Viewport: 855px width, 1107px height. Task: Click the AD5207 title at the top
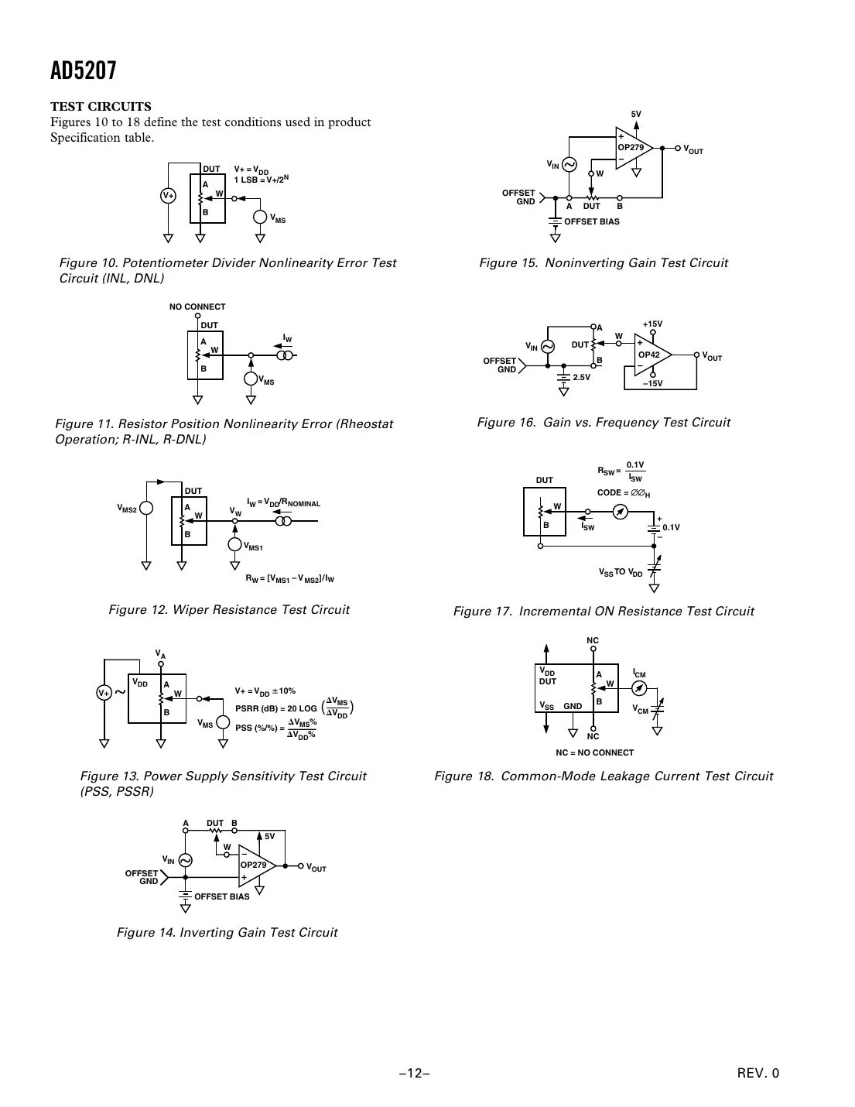[x=84, y=71]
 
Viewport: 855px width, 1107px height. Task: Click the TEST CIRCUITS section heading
[x=101, y=107]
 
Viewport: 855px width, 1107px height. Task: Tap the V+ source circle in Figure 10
[x=168, y=196]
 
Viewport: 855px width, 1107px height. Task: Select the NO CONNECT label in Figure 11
[x=197, y=307]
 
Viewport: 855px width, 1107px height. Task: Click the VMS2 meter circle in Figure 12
[x=145, y=509]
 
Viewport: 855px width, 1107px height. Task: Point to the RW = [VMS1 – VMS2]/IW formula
[x=289, y=578]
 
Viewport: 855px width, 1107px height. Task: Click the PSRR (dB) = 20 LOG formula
[x=276, y=708]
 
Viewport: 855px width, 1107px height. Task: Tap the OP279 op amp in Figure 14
[x=255, y=865]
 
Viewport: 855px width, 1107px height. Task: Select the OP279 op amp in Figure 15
[x=632, y=147]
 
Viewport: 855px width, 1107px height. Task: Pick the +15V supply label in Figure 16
[x=652, y=324]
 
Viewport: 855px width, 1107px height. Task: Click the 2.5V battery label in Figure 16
[x=581, y=377]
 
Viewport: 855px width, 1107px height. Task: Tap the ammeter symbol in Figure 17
[x=619, y=512]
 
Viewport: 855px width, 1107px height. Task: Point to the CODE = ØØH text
[x=624, y=493]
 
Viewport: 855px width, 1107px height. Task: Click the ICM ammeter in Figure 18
[x=639, y=688]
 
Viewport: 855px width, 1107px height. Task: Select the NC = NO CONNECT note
[x=594, y=752]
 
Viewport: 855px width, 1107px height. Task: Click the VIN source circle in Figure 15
[x=569, y=165]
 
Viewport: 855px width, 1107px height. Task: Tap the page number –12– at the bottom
[x=415, y=1073]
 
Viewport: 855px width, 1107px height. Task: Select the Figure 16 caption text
[x=604, y=423]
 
